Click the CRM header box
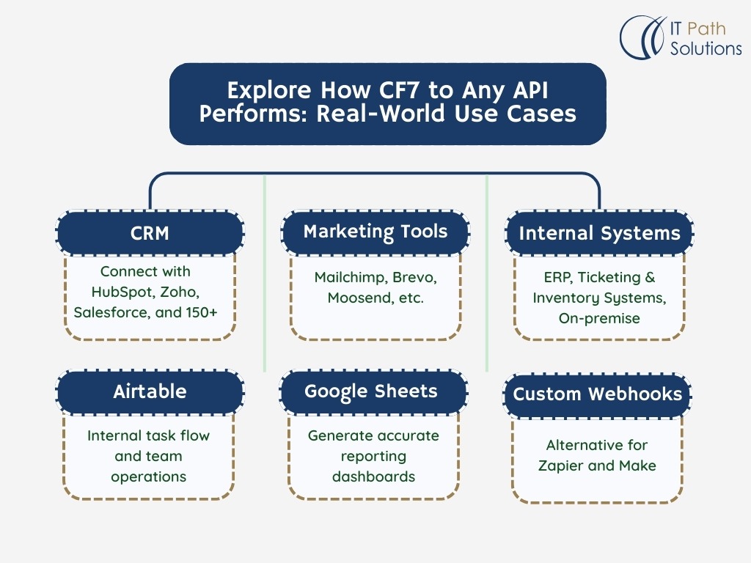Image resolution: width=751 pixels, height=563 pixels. (150, 233)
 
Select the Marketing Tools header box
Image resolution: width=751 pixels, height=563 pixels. (375, 232)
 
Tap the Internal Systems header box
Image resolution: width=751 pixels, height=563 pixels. (599, 234)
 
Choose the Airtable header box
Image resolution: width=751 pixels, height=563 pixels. (150, 391)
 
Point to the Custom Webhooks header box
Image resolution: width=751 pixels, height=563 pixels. (597, 394)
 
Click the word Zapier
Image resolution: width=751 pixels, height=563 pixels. (563, 466)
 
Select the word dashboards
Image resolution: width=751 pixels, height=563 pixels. (373, 476)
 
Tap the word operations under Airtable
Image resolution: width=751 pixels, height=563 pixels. (149, 476)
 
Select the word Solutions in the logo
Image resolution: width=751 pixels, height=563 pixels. (706, 49)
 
